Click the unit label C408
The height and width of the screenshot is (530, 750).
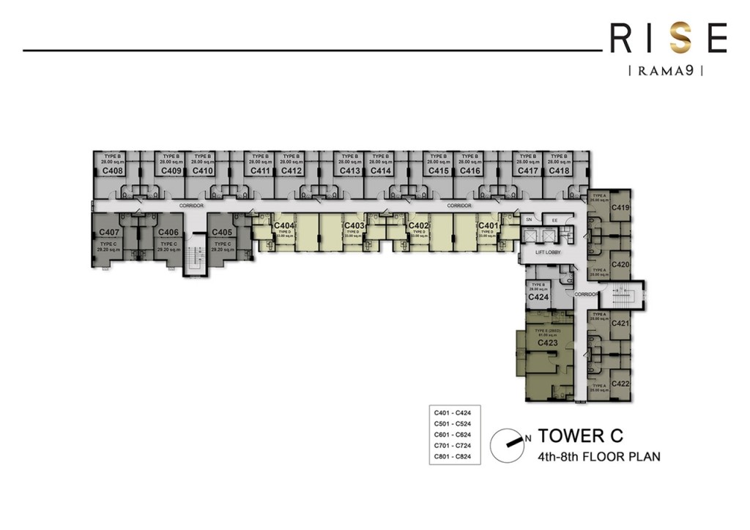pyautogui.click(x=112, y=171)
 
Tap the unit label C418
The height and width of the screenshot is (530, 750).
pyautogui.click(x=559, y=171)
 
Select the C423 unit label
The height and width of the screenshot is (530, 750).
pyautogui.click(x=549, y=343)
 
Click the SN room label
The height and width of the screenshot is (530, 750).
pyautogui.click(x=529, y=219)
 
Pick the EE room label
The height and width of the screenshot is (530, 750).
pyautogui.click(x=554, y=219)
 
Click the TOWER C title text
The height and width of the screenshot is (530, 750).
pyautogui.click(x=580, y=436)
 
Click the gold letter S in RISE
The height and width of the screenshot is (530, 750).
pyautogui.click(x=682, y=39)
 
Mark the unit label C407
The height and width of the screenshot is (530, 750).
pyautogui.click(x=109, y=232)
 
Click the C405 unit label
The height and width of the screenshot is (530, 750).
pyautogui.click(x=222, y=232)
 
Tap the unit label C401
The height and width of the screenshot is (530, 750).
pyautogui.click(x=488, y=225)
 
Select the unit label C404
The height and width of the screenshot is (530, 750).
pyautogui.click(x=284, y=225)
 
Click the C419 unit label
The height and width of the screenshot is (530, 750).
pyautogui.click(x=620, y=208)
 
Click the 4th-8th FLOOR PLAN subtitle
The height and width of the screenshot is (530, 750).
pyautogui.click(x=599, y=457)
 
